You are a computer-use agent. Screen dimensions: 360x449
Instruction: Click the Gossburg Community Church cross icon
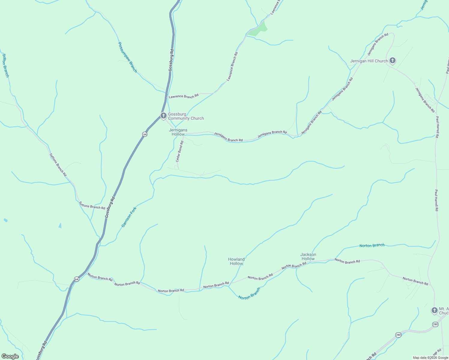tap(164, 115)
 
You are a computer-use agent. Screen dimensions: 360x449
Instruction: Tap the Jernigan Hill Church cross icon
tap(392, 60)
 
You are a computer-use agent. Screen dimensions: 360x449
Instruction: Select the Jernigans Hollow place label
tap(178, 132)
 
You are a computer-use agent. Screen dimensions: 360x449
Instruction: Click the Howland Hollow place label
tap(237, 261)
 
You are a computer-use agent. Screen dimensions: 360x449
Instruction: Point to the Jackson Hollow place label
tap(308, 256)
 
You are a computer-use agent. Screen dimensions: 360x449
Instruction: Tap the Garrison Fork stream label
tap(129, 217)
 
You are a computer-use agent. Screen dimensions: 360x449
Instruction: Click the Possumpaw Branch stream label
tap(128, 57)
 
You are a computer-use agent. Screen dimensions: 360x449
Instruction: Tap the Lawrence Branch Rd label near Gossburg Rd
tap(184, 96)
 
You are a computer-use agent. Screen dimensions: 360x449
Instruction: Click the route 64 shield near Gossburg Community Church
tap(145, 134)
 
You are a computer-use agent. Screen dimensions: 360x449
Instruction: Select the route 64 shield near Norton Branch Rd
tap(77, 279)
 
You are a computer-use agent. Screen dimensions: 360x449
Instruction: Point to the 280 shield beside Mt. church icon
tap(435, 324)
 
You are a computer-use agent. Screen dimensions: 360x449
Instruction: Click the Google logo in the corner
tap(10, 356)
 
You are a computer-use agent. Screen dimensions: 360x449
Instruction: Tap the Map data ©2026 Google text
tap(430, 358)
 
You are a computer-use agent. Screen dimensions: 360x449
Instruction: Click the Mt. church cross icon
tap(434, 310)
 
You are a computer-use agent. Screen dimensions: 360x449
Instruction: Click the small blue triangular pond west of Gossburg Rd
tap(60, 226)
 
